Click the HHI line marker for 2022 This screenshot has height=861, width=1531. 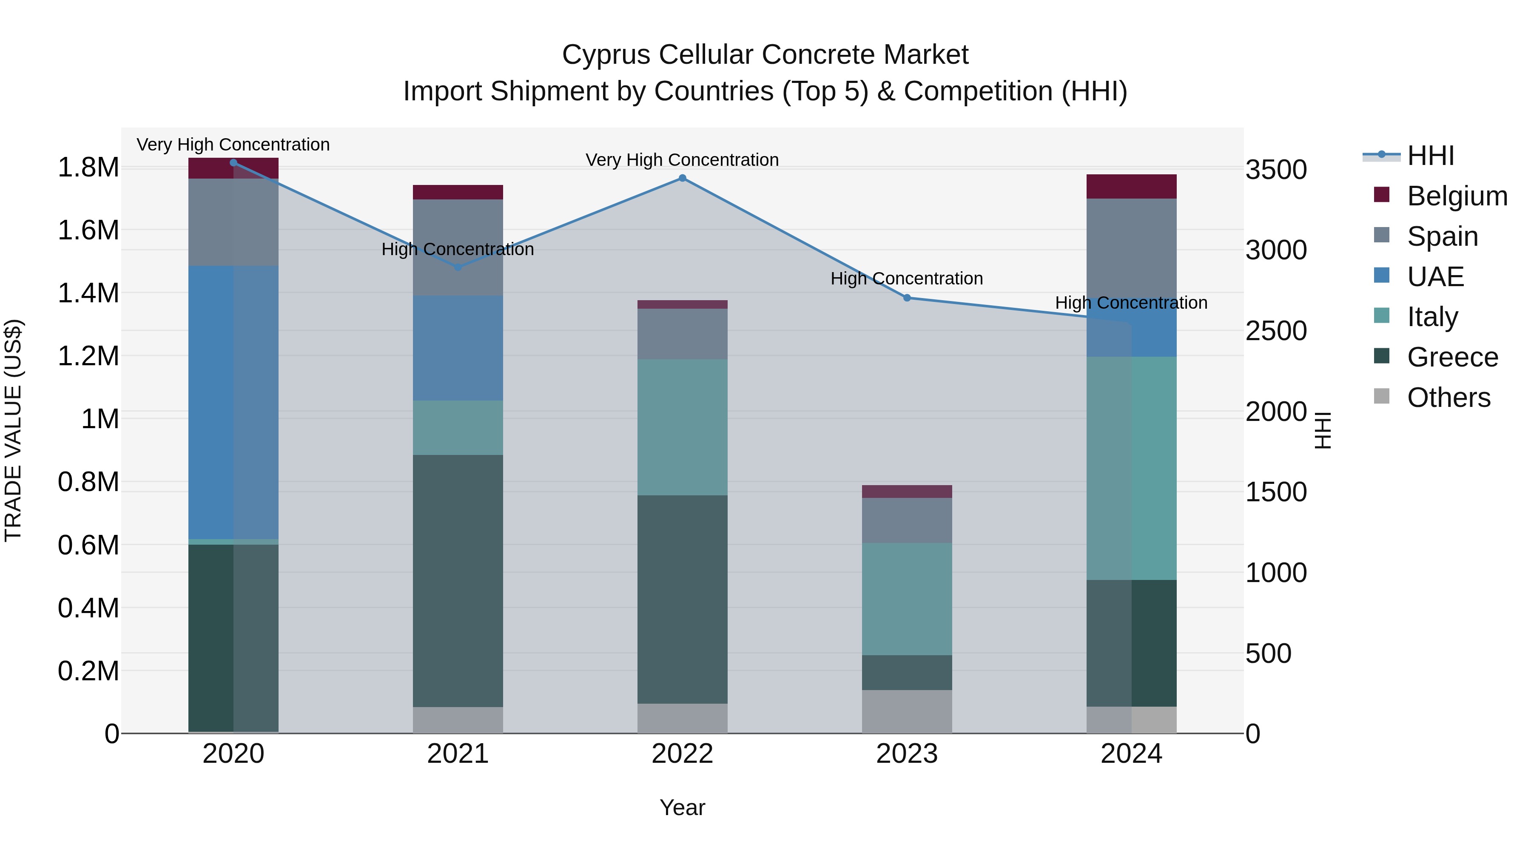tap(682, 178)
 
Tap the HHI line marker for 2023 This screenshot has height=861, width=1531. tap(907, 298)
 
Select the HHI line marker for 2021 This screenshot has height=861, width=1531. tap(458, 267)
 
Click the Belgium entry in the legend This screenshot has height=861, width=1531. tap(1456, 196)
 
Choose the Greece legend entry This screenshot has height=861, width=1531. tap(1451, 357)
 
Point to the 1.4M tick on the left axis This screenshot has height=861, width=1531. tap(88, 293)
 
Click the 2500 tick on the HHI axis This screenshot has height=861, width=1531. tap(1276, 331)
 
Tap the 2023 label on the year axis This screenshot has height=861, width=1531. tap(907, 754)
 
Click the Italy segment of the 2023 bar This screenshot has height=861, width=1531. tap(907, 599)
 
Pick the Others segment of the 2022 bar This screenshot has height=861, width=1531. tap(682, 719)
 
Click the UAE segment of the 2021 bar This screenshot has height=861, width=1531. tap(458, 348)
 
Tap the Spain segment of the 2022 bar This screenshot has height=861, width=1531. tap(682, 334)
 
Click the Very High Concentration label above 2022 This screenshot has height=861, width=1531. tap(682, 160)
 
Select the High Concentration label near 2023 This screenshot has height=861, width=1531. tap(907, 278)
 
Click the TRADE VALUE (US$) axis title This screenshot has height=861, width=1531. tap(13, 430)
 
